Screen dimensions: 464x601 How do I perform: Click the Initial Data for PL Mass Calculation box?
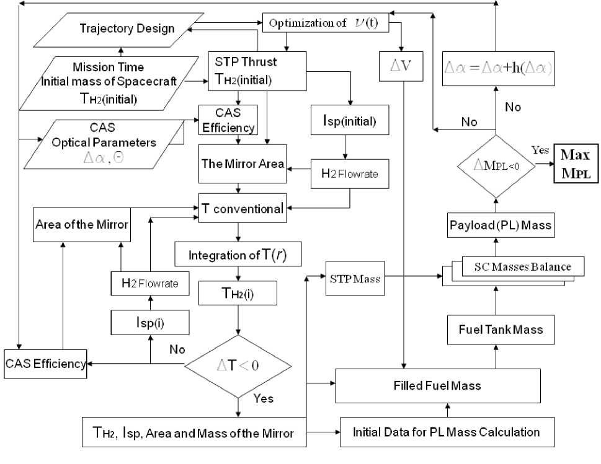click(445, 432)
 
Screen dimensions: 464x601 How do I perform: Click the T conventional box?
click(242, 209)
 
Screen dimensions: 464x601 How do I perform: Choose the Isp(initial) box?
click(350, 121)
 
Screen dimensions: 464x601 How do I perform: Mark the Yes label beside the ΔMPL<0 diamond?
click(540, 151)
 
